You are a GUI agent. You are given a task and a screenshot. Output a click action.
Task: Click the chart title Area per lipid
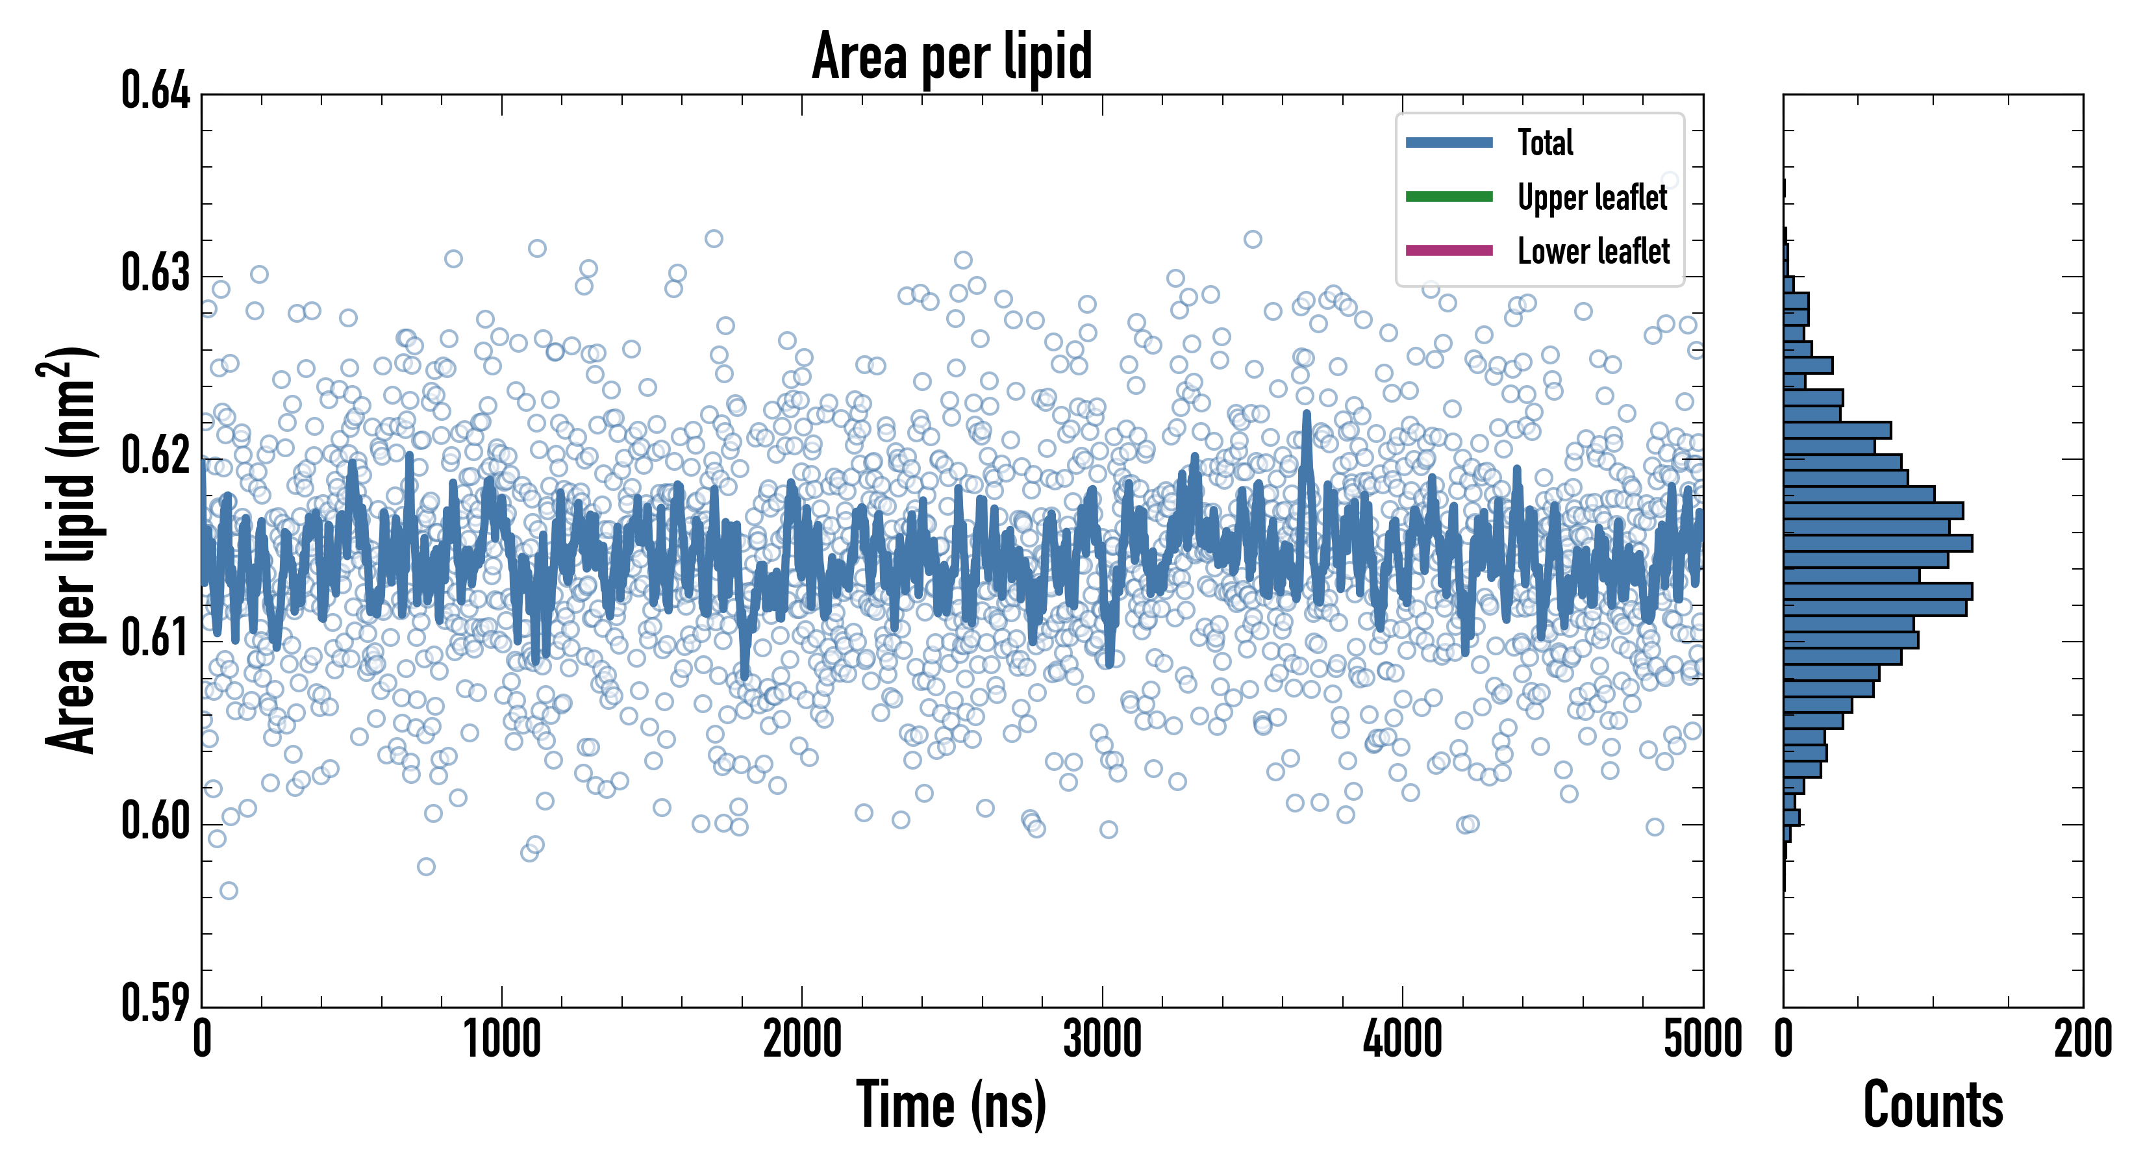[x=952, y=56]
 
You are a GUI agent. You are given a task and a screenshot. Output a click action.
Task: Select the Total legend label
[x=1545, y=142]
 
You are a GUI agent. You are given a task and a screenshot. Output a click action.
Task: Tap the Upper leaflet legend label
[x=1592, y=197]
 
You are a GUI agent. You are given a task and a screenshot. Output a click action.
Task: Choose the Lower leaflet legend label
[x=1593, y=251]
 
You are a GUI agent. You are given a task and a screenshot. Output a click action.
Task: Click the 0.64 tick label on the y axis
[x=156, y=91]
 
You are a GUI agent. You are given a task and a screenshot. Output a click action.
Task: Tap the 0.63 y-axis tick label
[x=156, y=273]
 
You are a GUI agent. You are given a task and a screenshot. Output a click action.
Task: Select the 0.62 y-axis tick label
[x=156, y=456]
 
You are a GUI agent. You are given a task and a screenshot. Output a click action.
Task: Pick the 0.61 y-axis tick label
[x=156, y=639]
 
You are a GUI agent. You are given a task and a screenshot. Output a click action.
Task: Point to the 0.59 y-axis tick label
[x=156, y=1003]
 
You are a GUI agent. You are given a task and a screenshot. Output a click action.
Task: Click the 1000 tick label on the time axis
[x=501, y=1040]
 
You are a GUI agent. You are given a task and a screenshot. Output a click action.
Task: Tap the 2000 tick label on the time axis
[x=802, y=1040]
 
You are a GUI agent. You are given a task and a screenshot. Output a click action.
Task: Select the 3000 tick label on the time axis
[x=1102, y=1040]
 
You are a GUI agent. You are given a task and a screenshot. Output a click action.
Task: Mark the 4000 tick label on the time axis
[x=1403, y=1040]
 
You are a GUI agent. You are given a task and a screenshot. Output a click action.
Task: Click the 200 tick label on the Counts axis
[x=2082, y=1040]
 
